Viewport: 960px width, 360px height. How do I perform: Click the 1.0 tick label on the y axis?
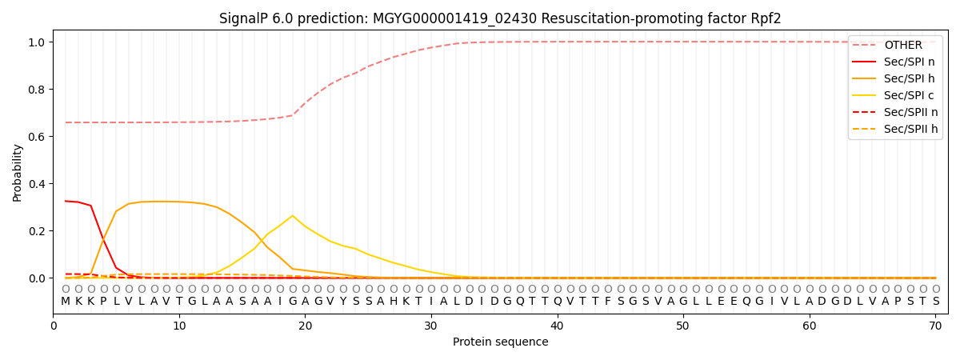coord(39,42)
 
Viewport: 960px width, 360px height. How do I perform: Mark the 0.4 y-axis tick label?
coord(39,184)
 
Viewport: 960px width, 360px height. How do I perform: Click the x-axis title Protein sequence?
coord(501,342)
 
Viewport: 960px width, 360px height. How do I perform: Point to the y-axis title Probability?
coord(18,172)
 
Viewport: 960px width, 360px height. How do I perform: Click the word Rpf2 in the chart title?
coord(766,18)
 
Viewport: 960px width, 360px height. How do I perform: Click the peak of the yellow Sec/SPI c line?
coord(293,215)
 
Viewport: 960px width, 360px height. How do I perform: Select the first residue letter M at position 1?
coord(66,302)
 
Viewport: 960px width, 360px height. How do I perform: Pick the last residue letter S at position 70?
coord(936,302)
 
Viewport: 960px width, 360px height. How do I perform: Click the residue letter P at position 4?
coord(103,302)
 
